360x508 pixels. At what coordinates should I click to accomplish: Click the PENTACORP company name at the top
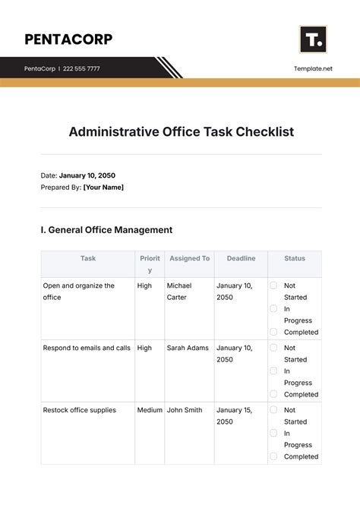click(x=68, y=39)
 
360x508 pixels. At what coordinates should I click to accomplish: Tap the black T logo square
click(x=313, y=39)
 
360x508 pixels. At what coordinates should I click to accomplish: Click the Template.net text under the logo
click(x=313, y=68)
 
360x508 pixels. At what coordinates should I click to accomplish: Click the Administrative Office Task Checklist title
click(x=181, y=131)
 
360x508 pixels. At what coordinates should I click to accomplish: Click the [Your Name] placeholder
click(x=103, y=187)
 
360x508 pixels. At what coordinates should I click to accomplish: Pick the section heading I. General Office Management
click(x=106, y=229)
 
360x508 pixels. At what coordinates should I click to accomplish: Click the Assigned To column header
click(x=189, y=258)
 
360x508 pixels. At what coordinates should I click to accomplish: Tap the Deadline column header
click(x=241, y=258)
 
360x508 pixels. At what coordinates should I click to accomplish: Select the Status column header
click(x=295, y=258)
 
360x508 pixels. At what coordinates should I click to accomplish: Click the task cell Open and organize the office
click(x=79, y=291)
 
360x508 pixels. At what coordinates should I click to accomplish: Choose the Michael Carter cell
click(x=179, y=291)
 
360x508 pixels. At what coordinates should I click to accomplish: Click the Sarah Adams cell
click(x=188, y=348)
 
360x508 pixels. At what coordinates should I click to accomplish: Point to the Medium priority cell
click(x=150, y=410)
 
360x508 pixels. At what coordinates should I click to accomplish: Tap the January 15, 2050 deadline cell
click(x=235, y=415)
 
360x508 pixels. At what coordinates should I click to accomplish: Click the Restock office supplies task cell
click(x=80, y=410)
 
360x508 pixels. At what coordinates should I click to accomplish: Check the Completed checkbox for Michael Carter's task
click(x=273, y=332)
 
